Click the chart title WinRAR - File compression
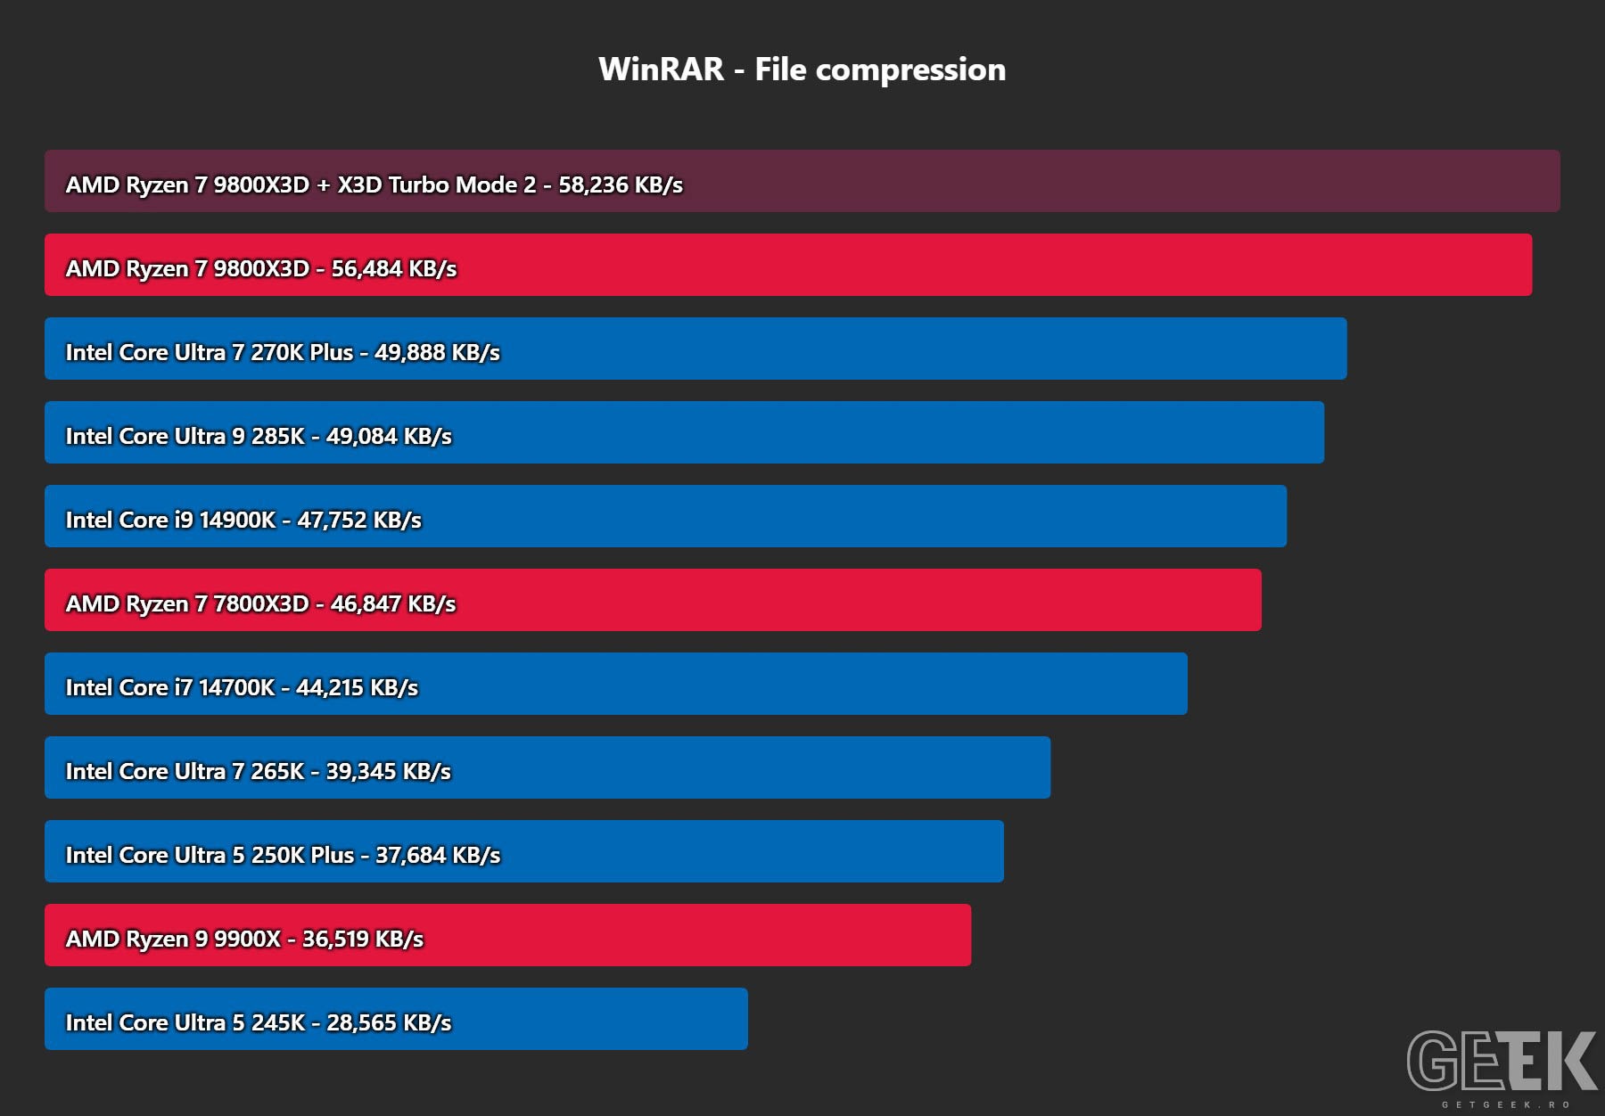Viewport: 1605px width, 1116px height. click(802, 70)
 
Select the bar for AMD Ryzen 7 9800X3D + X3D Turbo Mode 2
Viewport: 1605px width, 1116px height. click(802, 181)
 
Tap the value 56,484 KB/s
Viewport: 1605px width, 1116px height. click(394, 268)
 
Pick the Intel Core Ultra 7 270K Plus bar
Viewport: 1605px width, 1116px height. click(695, 349)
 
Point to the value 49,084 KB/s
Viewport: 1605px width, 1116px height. click(389, 436)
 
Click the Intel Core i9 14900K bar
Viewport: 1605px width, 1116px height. click(665, 516)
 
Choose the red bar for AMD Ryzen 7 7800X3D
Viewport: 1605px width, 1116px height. click(653, 600)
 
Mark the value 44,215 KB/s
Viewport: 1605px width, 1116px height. click(357, 687)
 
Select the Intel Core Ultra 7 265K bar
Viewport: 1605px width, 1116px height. click(547, 767)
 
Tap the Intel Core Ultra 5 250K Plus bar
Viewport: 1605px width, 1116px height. click(524, 851)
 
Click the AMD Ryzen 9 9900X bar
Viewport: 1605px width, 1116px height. click(507, 935)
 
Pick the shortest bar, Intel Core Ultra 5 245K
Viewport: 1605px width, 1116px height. click(396, 1019)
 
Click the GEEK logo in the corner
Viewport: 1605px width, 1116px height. click(1502, 1061)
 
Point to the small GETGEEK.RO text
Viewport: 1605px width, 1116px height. click(1506, 1104)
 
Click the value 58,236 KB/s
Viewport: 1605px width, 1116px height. click(621, 185)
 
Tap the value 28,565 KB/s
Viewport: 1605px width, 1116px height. click(389, 1022)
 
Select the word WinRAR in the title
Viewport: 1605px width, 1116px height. click(662, 70)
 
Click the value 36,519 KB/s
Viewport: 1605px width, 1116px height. click(363, 939)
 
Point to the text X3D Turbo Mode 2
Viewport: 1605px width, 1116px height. click(437, 185)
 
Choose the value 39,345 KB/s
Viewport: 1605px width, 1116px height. click(389, 771)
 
